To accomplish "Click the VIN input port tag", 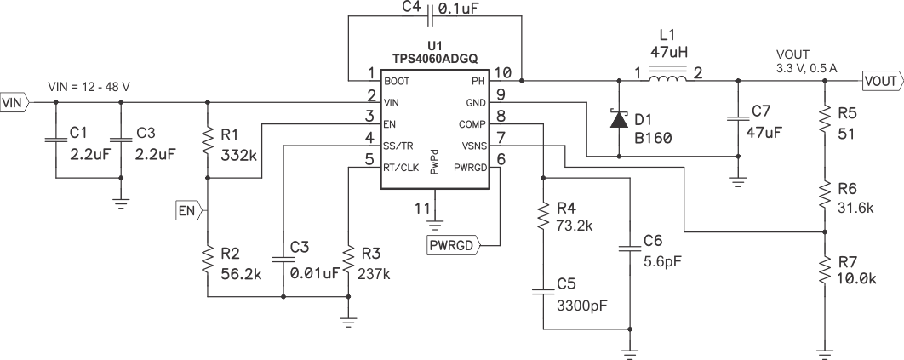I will pos(15,103).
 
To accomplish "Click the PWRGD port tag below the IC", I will pos(453,246).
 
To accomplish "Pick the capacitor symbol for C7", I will pos(737,119).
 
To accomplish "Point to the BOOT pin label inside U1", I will pos(397,82).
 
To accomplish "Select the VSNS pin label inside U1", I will pos(474,146).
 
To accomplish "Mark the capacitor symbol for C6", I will pos(630,249).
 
